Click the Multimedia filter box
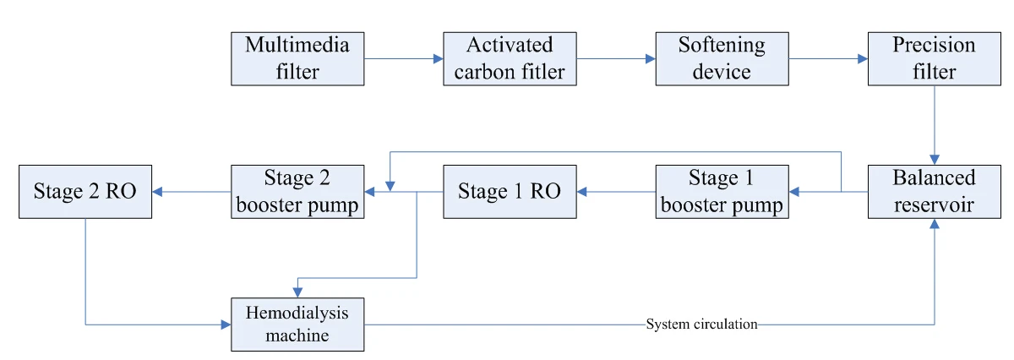298,59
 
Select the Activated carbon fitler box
510,59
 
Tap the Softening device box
722,59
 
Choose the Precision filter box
934,59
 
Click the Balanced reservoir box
934,192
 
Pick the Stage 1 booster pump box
722,192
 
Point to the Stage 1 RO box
510,192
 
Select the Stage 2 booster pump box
298,192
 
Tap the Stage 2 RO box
85,192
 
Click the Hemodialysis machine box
298,325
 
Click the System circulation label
701,325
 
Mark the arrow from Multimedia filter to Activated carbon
404,59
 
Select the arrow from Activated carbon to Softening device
616,59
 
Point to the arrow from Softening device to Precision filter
828,59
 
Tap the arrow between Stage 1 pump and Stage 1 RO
616,192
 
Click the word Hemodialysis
298,314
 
